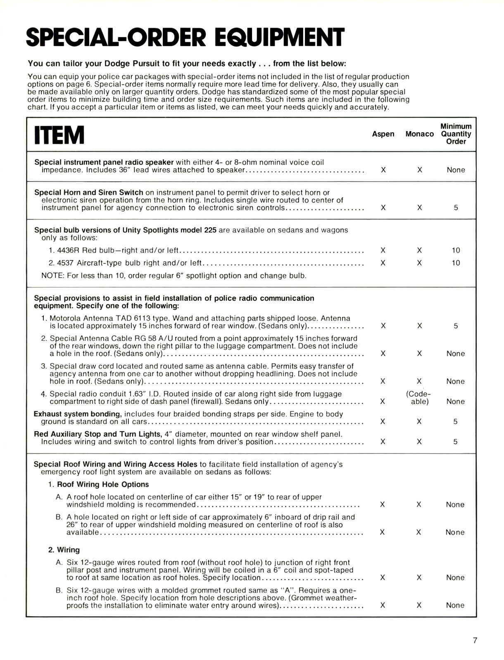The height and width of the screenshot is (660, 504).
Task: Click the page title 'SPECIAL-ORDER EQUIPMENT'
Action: point(185,37)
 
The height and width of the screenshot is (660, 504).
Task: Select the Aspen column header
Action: point(383,134)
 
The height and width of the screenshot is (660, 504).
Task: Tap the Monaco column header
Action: point(419,134)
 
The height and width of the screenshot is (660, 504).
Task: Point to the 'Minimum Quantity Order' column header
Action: point(456,134)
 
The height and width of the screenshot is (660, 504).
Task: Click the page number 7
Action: point(475,641)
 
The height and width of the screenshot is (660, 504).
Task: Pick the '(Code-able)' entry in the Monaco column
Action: point(419,398)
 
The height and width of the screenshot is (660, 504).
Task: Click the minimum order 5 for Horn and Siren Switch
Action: point(456,208)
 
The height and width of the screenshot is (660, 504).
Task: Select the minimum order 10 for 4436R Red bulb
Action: point(456,250)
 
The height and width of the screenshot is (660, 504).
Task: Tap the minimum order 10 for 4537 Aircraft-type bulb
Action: point(456,263)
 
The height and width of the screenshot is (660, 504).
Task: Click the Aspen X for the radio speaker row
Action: point(383,170)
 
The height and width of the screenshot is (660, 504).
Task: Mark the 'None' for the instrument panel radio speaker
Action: point(456,170)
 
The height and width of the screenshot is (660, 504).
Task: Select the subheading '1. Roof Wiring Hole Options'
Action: point(98,484)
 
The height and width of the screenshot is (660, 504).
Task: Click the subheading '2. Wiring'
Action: point(64,550)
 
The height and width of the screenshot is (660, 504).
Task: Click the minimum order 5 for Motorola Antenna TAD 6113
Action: point(456,326)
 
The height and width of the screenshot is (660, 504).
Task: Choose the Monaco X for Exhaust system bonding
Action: point(419,422)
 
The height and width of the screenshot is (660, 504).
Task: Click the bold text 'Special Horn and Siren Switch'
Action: point(89,193)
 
